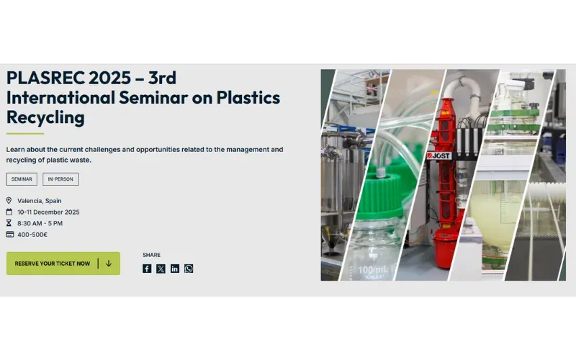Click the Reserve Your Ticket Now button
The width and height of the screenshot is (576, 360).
[x=63, y=264]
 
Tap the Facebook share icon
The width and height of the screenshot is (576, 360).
[x=147, y=269]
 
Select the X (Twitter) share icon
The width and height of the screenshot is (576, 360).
[x=161, y=269]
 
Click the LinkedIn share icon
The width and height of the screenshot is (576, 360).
[x=175, y=269]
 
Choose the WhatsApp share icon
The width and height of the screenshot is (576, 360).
[x=189, y=269]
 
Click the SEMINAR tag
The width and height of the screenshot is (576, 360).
[x=22, y=179]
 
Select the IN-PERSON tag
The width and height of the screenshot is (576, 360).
[x=60, y=179]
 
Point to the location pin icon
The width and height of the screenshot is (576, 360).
[x=9, y=201]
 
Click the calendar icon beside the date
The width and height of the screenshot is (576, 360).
[x=9, y=212]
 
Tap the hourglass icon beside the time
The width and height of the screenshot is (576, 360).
[x=9, y=223]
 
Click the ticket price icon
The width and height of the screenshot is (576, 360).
[x=9, y=234]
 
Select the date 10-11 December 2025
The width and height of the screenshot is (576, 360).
[x=48, y=212]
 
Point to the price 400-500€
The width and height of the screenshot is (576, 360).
[x=32, y=234]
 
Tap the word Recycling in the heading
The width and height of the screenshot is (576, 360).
[x=45, y=117]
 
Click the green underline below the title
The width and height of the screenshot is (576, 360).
[x=25, y=133]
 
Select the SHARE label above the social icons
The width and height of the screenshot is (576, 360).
[x=151, y=255]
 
